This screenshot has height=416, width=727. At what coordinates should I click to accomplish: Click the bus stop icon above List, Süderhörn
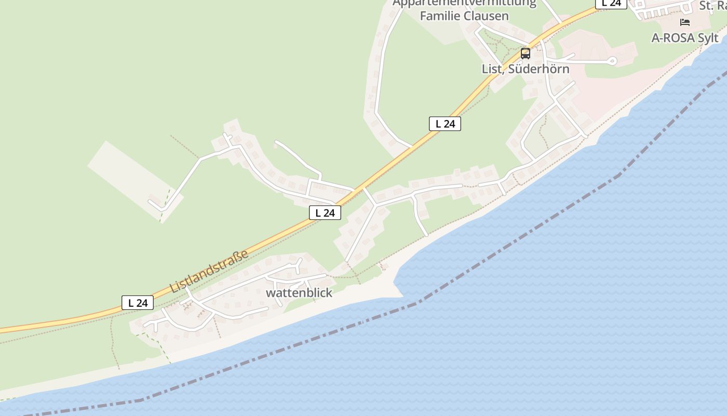526,53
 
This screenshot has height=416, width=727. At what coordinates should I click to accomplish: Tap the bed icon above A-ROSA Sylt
685,22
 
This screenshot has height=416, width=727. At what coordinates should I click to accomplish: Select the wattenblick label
299,293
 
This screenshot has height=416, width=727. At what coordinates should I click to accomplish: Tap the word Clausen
487,16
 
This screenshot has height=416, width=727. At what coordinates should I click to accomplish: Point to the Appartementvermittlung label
464,3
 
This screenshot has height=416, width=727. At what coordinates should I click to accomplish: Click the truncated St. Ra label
712,6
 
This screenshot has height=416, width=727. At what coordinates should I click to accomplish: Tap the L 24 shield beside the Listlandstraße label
138,303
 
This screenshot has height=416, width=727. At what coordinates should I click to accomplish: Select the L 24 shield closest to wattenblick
325,212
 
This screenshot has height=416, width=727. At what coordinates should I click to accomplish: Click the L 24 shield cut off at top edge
611,3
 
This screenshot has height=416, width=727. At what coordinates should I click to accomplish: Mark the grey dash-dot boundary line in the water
519,237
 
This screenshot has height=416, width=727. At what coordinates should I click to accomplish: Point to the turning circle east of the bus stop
612,61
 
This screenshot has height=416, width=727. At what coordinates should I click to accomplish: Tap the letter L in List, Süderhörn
485,69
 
